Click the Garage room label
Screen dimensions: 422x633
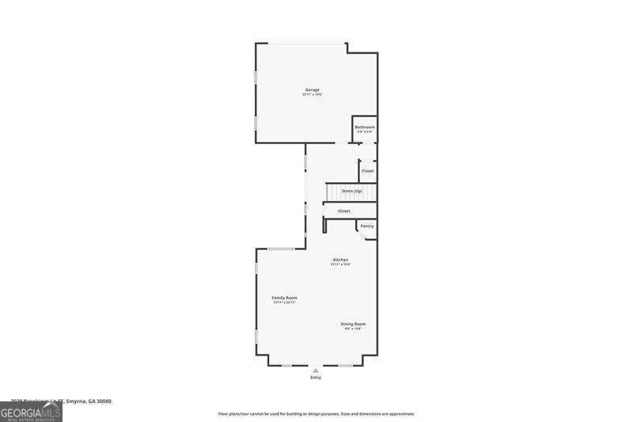pyautogui.click(x=313, y=89)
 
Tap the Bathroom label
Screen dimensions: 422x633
pyautogui.click(x=365, y=127)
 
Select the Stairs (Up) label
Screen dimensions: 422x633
pyautogui.click(x=352, y=191)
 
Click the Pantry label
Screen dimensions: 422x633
pyautogui.click(x=367, y=226)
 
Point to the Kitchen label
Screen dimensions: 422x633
pyautogui.click(x=340, y=260)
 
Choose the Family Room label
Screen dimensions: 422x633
pyautogui.click(x=284, y=298)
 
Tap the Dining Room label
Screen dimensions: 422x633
pyautogui.click(x=353, y=324)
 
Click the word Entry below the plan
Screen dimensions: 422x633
pyautogui.click(x=316, y=378)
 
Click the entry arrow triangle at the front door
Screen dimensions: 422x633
pyautogui.click(x=316, y=370)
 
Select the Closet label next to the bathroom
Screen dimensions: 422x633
pyautogui.click(x=368, y=170)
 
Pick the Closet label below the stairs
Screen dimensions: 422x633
pyautogui.click(x=344, y=211)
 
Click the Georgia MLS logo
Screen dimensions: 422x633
pyautogui.click(x=31, y=412)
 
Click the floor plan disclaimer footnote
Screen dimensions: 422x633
pyautogui.click(x=316, y=413)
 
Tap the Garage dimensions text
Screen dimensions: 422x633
pyautogui.click(x=313, y=94)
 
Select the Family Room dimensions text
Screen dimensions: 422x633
pyautogui.click(x=284, y=302)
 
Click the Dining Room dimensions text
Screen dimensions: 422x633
pyautogui.click(x=353, y=329)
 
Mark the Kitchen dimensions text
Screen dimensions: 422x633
pyautogui.click(x=340, y=264)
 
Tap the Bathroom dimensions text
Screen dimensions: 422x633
pyautogui.click(x=365, y=131)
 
